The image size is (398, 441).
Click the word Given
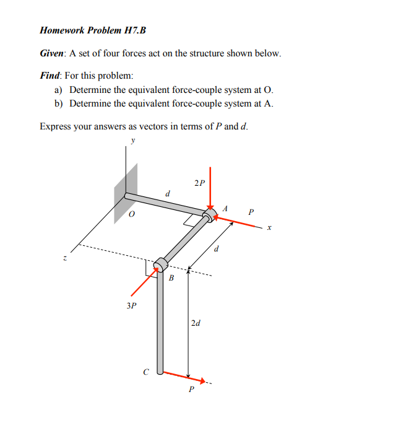point(53,53)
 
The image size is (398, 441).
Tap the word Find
point(51,76)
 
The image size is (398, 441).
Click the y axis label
point(131,141)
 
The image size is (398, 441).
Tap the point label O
point(131,216)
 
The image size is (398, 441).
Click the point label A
point(226,208)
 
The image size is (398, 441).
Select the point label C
point(145,372)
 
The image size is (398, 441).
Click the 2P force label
point(199,183)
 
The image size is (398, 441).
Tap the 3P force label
point(131,305)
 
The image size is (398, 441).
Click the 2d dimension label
point(196,323)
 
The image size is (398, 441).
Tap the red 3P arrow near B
point(143,284)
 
